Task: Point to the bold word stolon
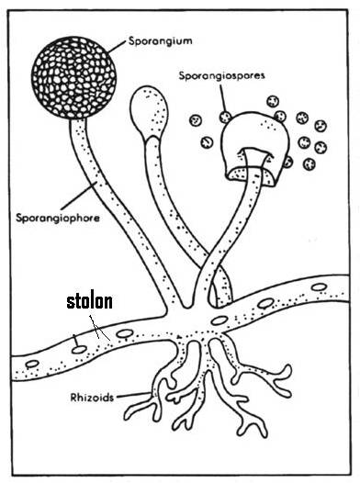[x=89, y=301]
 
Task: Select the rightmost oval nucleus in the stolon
[x=319, y=287]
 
